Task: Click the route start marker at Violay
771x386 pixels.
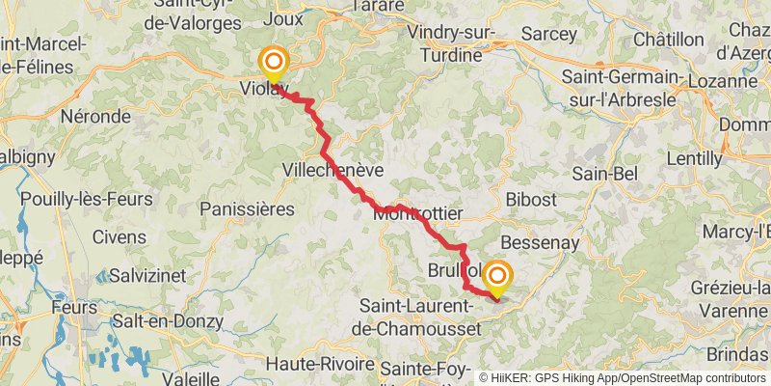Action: (274, 65)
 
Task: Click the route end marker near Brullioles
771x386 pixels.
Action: (498, 278)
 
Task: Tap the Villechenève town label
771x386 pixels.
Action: (332, 170)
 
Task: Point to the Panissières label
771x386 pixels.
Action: (246, 208)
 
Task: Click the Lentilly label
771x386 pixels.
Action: (694, 157)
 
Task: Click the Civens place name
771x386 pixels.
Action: (121, 236)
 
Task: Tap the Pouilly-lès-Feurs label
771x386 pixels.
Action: (87, 200)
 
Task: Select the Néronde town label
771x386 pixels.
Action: (94, 116)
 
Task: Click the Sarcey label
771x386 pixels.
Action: (548, 34)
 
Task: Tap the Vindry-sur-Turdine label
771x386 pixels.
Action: (457, 45)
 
